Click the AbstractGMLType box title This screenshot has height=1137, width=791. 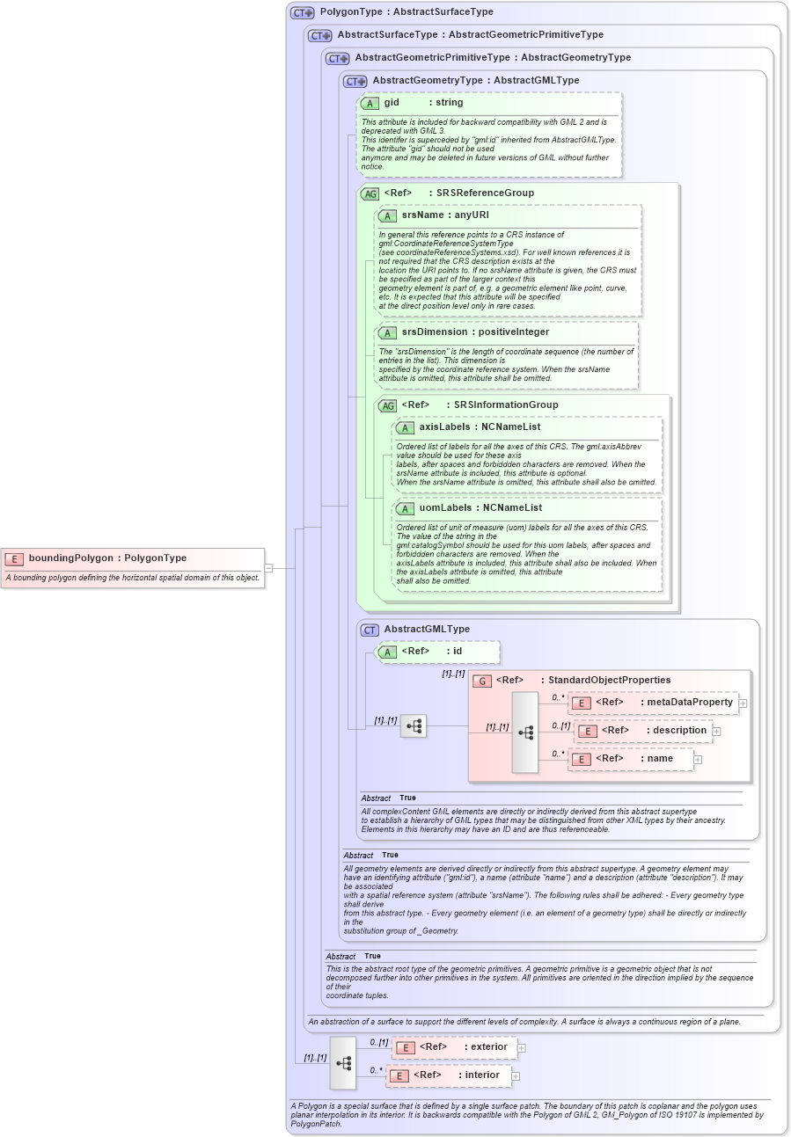[427, 630]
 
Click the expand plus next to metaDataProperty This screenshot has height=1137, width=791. [743, 703]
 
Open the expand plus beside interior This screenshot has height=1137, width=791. [516, 1076]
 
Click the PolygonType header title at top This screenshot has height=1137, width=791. [406, 12]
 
